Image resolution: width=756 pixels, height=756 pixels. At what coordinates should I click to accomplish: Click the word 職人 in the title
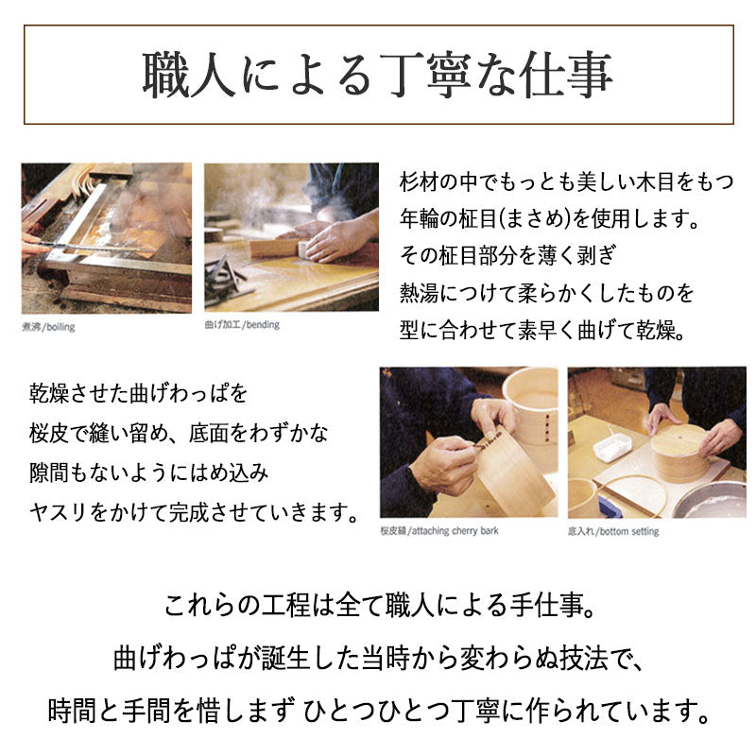coord(188,76)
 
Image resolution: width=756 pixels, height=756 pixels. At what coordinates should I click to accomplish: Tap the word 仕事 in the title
coord(566,76)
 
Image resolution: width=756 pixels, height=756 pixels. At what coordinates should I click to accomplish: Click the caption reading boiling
coord(60,327)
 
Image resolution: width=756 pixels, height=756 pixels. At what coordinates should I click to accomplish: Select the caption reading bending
coord(263,324)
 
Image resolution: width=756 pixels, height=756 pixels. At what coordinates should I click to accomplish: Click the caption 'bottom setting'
coord(629,531)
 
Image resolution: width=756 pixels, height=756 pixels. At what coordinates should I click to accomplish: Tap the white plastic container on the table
coord(611,446)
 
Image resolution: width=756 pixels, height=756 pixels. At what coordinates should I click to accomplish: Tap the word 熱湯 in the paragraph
coord(419,293)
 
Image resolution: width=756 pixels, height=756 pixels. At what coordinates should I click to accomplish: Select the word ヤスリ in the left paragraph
coord(59,511)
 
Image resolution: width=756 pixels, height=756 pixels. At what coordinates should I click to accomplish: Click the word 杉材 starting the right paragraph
coord(419,182)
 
